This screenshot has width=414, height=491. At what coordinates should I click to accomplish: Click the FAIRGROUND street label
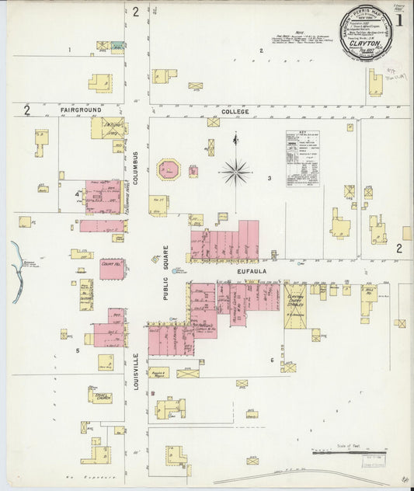pyautogui.click(x=82, y=111)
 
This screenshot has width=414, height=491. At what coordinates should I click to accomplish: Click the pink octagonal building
pyautogui.click(x=169, y=169)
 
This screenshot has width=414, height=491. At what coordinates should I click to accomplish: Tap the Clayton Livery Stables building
pyautogui.click(x=295, y=305)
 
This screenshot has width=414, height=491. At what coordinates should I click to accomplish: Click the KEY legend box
pyautogui.click(x=303, y=159)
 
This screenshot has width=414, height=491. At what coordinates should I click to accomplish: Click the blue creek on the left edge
pyautogui.click(x=16, y=260)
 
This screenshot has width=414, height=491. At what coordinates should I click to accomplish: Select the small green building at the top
pyautogui.click(x=117, y=47)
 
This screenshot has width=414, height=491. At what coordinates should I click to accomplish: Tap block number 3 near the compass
pyautogui.click(x=270, y=179)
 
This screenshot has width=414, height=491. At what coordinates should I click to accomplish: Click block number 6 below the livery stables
pyautogui.click(x=272, y=360)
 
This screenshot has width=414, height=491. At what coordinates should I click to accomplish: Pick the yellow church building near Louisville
pyautogui.click(x=101, y=395)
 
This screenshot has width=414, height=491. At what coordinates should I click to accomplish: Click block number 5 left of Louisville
pyautogui.click(x=77, y=350)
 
